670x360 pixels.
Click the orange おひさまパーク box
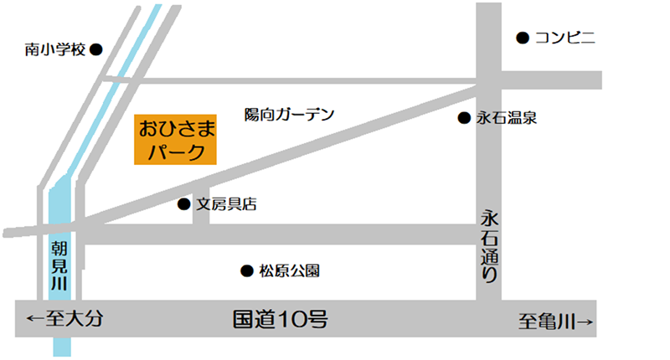tap(176, 140)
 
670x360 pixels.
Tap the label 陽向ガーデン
tap(289, 114)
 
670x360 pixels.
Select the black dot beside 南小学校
tap(95, 49)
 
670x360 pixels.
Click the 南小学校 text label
tap(55, 49)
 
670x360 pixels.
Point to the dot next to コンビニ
tap(522, 37)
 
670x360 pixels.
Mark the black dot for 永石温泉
tap(463, 118)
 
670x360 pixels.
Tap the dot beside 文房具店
tap(184, 203)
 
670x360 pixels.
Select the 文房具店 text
tap(226, 203)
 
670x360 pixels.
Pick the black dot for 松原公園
tap(247, 270)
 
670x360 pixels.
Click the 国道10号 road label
tap(279, 319)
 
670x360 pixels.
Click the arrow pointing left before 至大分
tap(34, 319)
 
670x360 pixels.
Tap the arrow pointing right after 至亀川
tap(585, 319)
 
